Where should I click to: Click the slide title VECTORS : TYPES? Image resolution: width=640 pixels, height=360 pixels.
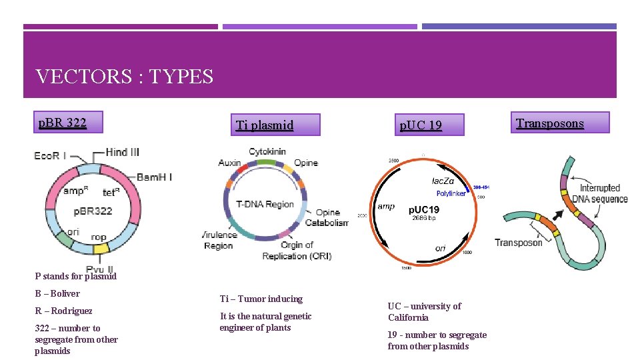[x=125, y=77]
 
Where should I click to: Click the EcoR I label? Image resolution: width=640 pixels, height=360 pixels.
[x=51, y=156]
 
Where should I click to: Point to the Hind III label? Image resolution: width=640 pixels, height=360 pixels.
[x=123, y=152]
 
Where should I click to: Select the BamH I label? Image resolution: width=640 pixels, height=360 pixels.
[x=155, y=177]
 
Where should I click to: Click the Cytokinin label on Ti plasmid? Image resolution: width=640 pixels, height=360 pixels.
[x=267, y=151]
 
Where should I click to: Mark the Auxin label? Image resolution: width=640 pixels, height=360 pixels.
[x=229, y=163]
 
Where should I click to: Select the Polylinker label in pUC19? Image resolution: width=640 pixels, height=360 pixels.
[x=451, y=193]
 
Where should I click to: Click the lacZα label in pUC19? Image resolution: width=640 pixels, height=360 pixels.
[x=443, y=181]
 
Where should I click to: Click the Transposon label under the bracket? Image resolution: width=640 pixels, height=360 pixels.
[x=519, y=243]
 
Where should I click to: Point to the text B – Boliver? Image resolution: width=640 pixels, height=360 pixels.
[x=57, y=293]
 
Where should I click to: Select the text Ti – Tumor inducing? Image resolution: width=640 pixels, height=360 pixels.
[x=261, y=299]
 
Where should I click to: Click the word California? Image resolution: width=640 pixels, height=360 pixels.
[x=408, y=317]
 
